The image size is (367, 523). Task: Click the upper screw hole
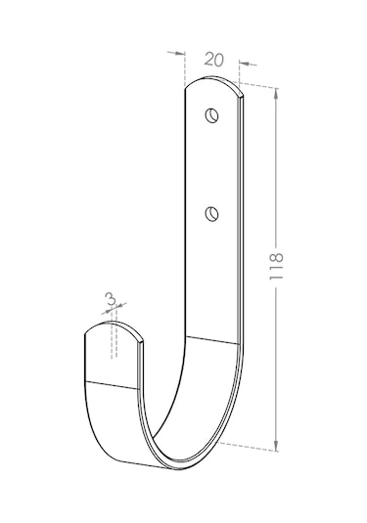[x=211, y=115]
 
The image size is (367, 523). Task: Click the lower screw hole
[x=211, y=213]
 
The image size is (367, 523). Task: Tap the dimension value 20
[x=213, y=60]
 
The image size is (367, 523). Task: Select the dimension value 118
[x=277, y=266]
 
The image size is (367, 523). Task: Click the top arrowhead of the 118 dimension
[x=276, y=93]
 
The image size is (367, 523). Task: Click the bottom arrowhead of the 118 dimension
[x=276, y=446]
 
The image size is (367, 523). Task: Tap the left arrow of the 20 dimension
[x=176, y=53]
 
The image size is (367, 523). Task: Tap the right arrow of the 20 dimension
[x=248, y=64]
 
